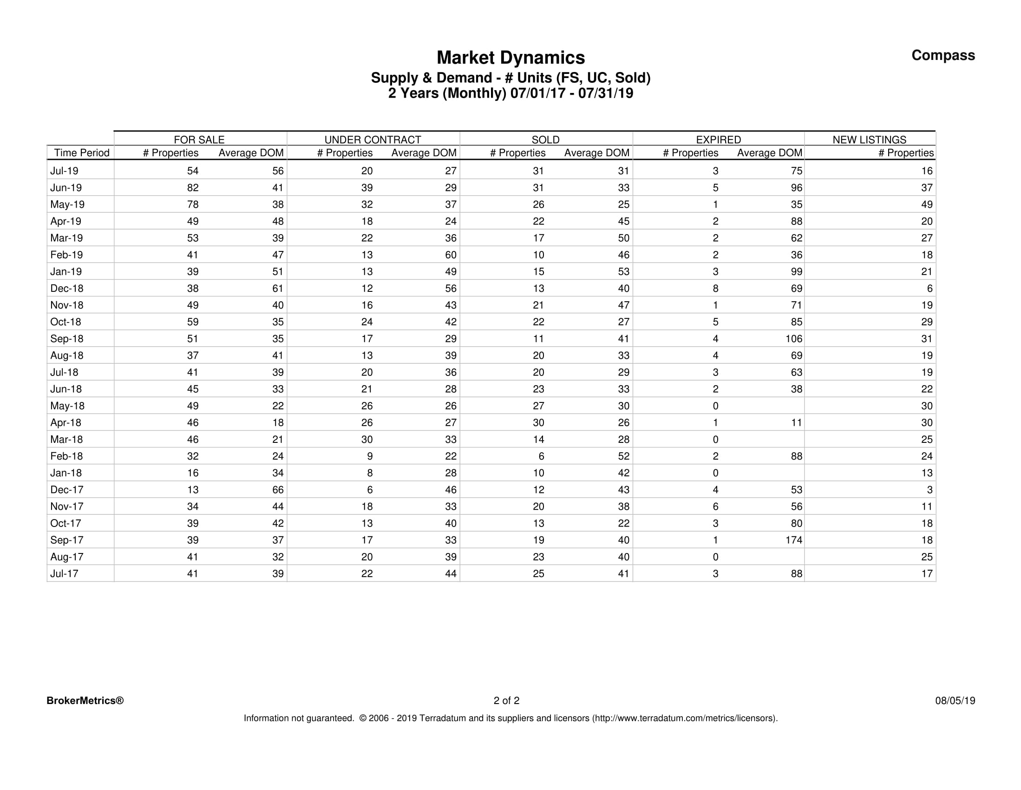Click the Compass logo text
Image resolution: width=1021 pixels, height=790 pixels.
click(943, 56)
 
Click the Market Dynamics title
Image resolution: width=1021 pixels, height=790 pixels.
click(510, 58)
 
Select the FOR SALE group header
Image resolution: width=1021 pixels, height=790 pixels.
click(199, 140)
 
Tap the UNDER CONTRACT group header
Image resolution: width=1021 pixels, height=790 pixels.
click(373, 140)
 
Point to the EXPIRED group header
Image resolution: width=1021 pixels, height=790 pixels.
click(718, 140)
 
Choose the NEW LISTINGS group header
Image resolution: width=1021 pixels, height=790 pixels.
click(869, 140)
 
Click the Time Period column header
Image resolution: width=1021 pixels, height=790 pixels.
click(82, 153)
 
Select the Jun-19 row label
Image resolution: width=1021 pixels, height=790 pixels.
click(66, 188)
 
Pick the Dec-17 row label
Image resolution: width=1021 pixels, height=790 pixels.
click(66, 490)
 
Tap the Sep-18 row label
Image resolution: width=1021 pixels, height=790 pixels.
click(67, 339)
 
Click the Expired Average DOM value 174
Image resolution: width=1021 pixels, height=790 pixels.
click(794, 540)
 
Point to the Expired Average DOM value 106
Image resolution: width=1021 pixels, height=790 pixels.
click(794, 339)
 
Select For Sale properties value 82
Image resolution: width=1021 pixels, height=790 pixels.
click(193, 188)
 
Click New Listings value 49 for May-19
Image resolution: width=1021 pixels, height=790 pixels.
click(927, 205)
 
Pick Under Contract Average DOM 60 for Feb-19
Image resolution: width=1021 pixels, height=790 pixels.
click(451, 255)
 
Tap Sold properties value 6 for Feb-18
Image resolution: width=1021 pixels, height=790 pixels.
click(541, 456)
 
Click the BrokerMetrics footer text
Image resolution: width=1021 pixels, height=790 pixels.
click(85, 701)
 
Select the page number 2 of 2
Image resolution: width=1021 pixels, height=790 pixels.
click(506, 701)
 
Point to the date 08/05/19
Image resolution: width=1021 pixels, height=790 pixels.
click(955, 701)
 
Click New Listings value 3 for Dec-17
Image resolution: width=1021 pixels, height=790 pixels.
click(929, 490)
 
